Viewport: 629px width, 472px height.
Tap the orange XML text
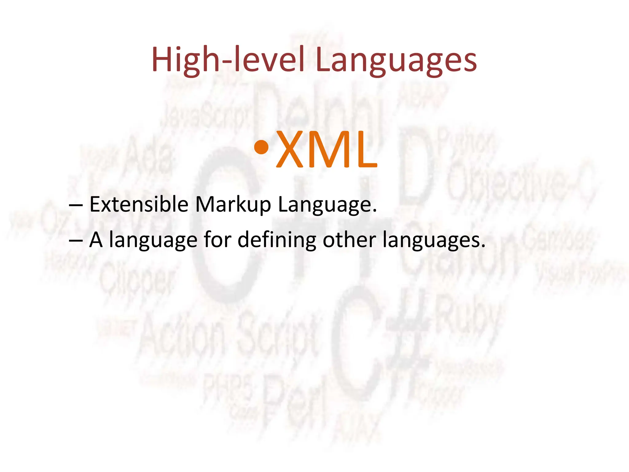tap(327, 150)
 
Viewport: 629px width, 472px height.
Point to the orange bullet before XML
tap(261, 147)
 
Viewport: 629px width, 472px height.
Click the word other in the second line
tap(349, 240)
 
